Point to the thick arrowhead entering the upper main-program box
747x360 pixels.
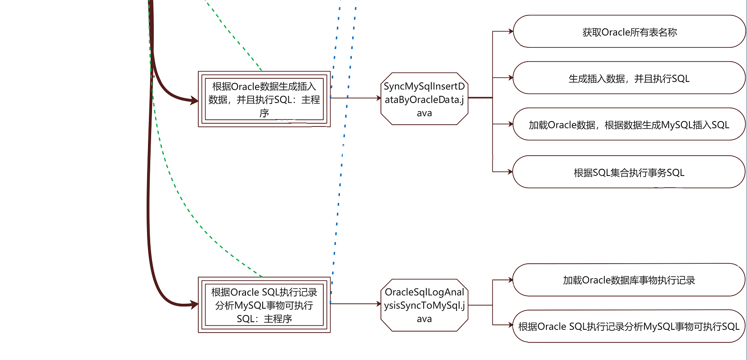point(194,100)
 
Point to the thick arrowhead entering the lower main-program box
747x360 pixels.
point(194,304)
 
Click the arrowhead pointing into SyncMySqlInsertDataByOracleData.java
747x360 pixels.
point(379,98)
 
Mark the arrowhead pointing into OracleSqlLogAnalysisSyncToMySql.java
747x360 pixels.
point(379,304)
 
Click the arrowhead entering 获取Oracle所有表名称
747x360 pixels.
point(510,31)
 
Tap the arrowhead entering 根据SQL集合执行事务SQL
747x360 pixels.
point(510,172)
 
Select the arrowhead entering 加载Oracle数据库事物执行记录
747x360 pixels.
point(510,280)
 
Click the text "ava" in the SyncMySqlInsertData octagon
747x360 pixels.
point(424,113)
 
